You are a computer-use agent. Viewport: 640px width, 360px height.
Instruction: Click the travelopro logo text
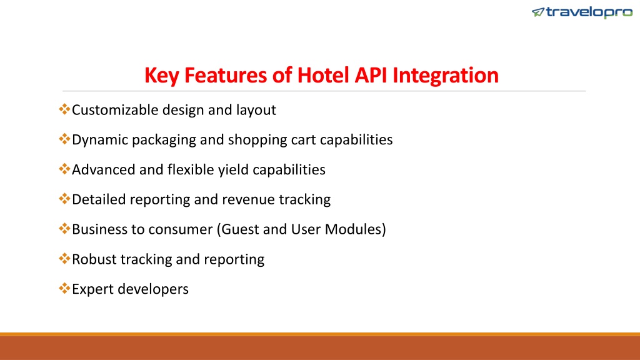[589, 12]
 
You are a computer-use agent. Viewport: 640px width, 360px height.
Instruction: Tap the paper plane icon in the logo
[538, 12]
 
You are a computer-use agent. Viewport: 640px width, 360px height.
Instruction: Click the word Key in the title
[162, 76]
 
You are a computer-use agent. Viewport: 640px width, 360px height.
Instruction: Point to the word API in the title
[371, 75]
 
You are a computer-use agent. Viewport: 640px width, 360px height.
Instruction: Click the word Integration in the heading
[445, 76]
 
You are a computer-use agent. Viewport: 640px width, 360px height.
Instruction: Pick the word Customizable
[115, 110]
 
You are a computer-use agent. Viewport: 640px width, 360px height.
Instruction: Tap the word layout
[256, 110]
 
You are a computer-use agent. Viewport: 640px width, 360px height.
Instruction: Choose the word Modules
[353, 229]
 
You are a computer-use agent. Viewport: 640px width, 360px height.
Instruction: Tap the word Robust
[94, 259]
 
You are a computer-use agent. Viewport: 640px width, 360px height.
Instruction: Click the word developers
[154, 289]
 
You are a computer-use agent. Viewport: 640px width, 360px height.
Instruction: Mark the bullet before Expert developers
[64, 288]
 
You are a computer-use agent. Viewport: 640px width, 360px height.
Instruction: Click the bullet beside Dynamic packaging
[64, 139]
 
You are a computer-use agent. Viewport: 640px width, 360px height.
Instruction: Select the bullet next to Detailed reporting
[64, 199]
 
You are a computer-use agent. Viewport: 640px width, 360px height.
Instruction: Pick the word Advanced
[103, 170]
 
